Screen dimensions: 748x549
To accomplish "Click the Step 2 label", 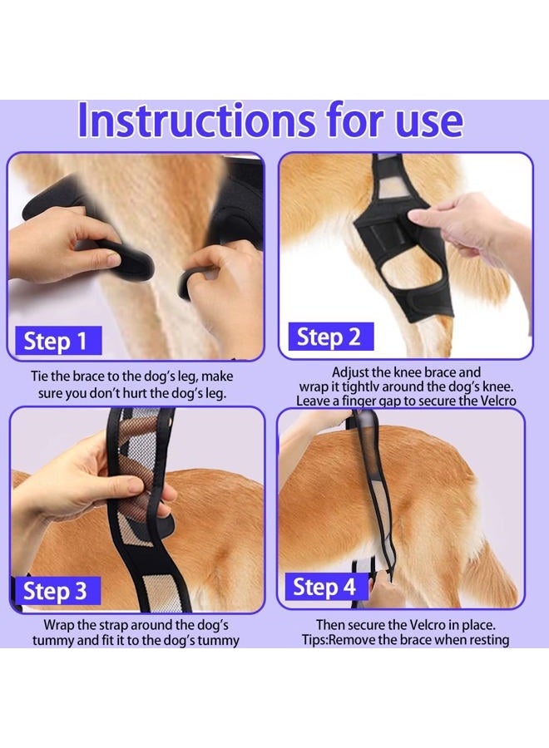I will pos(329,337).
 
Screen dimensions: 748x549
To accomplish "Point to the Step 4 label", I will pos(324,588).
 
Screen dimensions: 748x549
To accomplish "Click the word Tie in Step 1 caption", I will pos(42,376).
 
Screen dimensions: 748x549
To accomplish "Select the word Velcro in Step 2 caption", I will pos(497,401).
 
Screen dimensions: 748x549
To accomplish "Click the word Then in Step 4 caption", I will pos(331,624).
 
